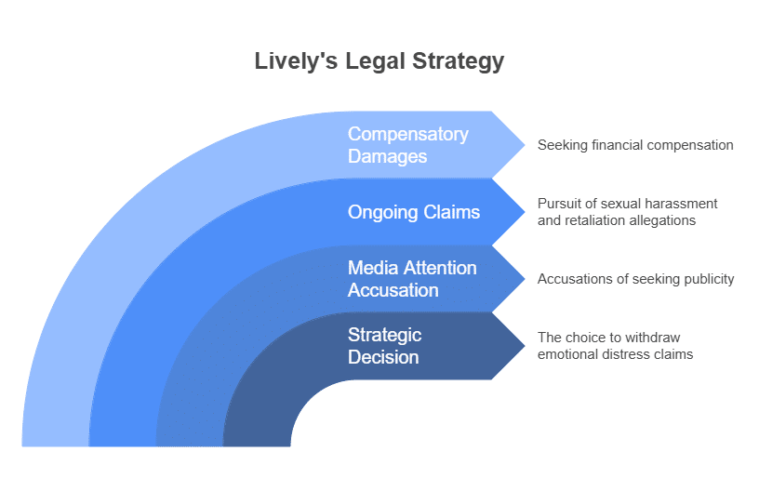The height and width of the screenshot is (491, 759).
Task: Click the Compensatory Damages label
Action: pyautogui.click(x=407, y=145)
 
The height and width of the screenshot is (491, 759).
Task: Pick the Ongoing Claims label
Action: pyautogui.click(x=413, y=212)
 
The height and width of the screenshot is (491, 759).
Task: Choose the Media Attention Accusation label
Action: pyautogui.click(x=411, y=279)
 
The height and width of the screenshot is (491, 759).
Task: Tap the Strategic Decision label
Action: pyautogui.click(x=384, y=346)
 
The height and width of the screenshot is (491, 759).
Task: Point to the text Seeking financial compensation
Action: pyautogui.click(x=635, y=145)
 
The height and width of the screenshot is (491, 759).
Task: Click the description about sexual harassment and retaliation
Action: pyautogui.click(x=627, y=212)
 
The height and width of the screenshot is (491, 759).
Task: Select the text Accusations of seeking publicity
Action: pyautogui.click(x=635, y=279)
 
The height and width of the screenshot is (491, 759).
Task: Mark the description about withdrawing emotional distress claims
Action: pyautogui.click(x=615, y=346)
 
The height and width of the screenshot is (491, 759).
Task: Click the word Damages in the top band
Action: pyautogui.click(x=387, y=156)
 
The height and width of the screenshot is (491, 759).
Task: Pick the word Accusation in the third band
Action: pyautogui.click(x=393, y=290)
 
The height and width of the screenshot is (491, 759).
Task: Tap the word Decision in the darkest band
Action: pyautogui.click(x=382, y=357)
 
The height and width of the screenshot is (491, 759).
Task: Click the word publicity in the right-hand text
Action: pyautogui.click(x=708, y=279)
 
